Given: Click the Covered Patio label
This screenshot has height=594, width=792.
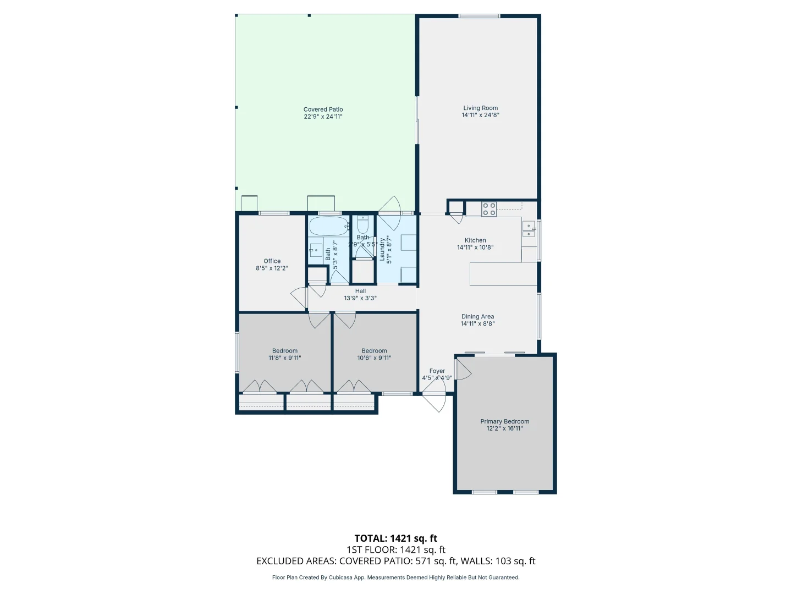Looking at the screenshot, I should point(323,109).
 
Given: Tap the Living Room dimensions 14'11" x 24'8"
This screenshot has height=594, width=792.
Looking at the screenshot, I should point(480,116).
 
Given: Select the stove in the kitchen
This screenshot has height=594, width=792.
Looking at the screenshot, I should point(489,209).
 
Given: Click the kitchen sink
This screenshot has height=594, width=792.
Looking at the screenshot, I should point(528,229).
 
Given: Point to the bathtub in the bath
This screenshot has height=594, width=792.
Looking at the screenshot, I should point(328,226).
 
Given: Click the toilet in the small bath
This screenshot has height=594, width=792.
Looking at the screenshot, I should point(362,225).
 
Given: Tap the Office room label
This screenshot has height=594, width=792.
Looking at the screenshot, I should point(272,261).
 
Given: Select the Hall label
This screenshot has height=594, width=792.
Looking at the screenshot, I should point(360,291).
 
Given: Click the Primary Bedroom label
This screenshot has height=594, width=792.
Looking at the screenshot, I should point(504,421).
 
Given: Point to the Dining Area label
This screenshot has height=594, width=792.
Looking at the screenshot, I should point(477,317).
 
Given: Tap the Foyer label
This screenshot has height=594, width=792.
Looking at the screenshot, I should point(437,371).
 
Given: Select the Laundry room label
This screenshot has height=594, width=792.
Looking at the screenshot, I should point(382,249).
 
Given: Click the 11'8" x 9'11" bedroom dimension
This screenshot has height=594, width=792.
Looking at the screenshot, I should point(284,358).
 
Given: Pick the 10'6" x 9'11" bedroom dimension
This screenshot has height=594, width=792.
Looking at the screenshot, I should point(374,358).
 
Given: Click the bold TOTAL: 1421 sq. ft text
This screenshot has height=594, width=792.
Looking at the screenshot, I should point(395,538).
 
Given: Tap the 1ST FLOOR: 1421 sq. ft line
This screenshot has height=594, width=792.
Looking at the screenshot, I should point(395,549).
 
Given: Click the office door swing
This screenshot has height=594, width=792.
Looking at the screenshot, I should point(300,298).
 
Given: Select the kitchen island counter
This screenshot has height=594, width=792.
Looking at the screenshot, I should point(503,274).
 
